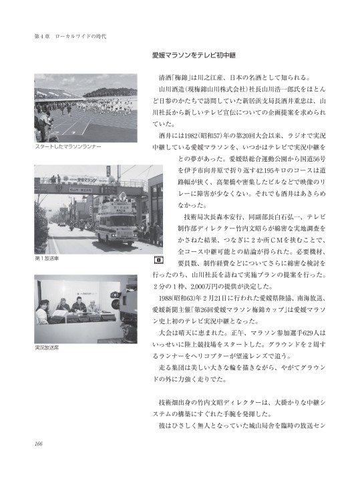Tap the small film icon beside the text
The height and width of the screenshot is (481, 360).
[159, 258]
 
